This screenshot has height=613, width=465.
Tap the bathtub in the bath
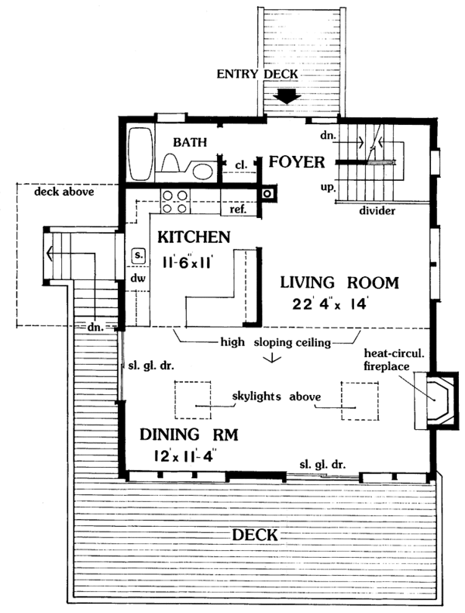(x=141, y=151)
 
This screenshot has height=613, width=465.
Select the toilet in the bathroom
(x=172, y=161)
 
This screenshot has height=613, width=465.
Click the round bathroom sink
(x=202, y=170)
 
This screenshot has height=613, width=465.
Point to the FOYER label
(x=300, y=163)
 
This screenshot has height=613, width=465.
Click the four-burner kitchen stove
(x=173, y=201)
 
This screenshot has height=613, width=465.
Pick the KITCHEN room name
(x=194, y=236)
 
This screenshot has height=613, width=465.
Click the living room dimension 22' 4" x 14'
(x=339, y=304)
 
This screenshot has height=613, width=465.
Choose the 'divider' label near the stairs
(x=377, y=210)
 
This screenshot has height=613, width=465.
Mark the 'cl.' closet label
(x=241, y=165)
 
